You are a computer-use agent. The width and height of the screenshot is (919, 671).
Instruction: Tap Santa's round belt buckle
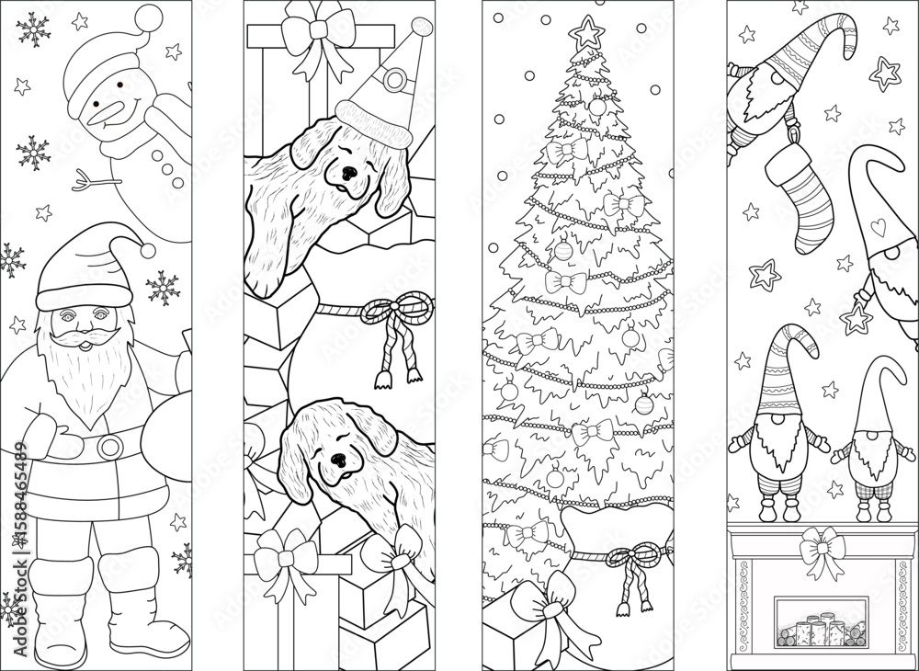110,447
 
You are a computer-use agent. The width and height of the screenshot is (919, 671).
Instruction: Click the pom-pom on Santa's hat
148,249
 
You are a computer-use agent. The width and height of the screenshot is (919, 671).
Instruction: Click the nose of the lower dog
338,458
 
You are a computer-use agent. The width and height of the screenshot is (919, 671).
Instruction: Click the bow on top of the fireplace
822,550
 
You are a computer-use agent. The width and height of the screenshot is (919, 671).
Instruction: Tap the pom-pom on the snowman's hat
146,16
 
